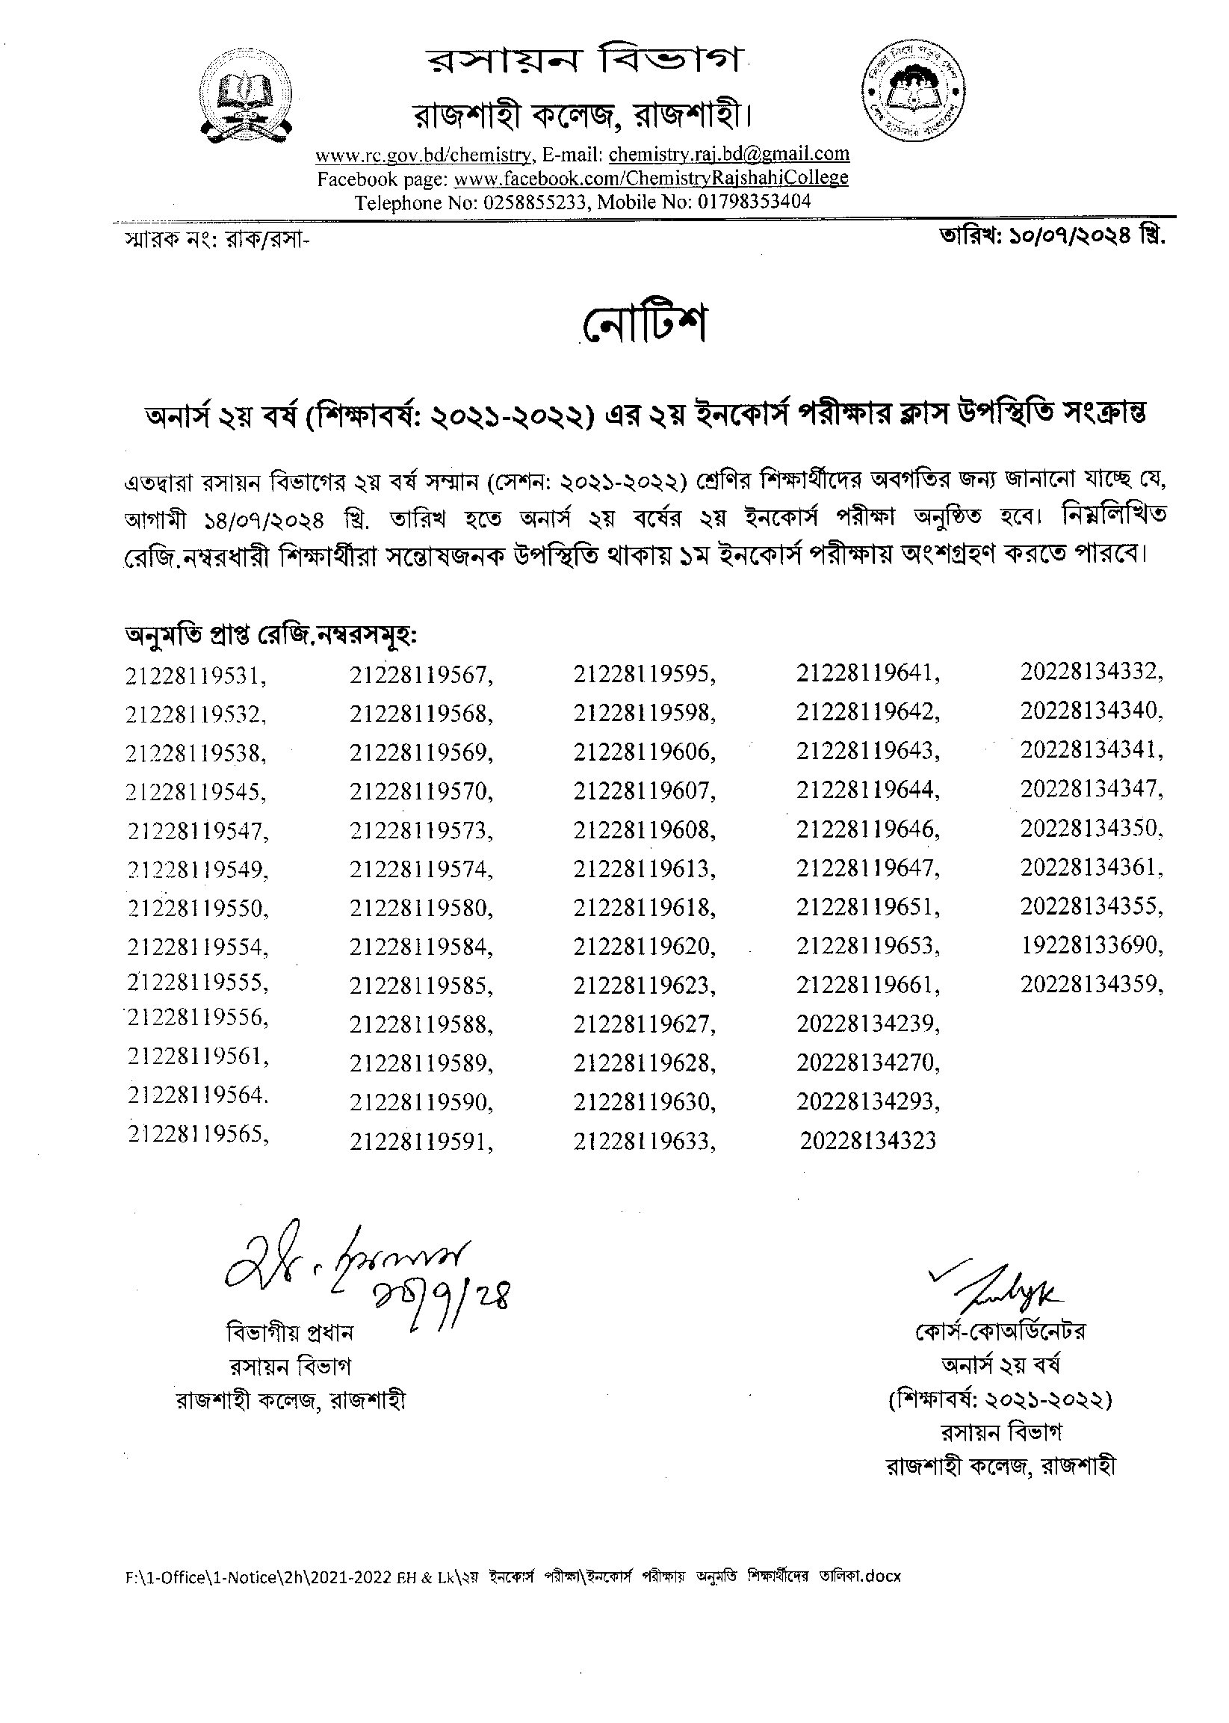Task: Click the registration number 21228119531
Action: coord(196,675)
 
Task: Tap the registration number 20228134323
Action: coord(867,1140)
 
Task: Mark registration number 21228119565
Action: coord(198,1134)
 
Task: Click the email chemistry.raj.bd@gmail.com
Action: coord(728,155)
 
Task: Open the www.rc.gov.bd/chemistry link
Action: coord(423,156)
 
